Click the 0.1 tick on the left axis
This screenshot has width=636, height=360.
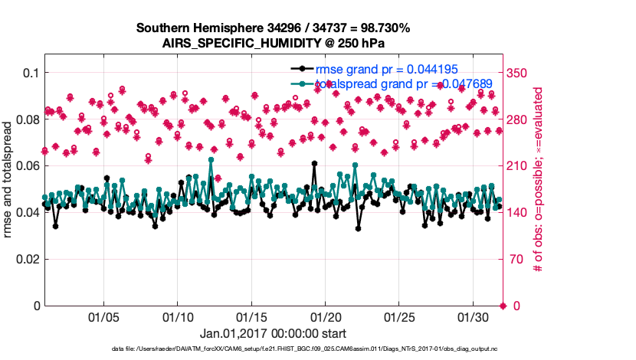[28, 73]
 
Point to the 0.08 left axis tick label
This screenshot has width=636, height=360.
[25, 119]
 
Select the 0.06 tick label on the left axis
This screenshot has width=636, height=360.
[25, 166]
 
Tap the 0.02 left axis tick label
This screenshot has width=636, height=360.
[25, 259]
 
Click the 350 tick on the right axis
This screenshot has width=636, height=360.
[520, 73]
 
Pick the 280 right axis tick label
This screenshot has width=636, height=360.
[520, 119]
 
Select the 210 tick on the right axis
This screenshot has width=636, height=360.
[520, 166]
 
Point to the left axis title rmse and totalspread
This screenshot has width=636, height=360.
[9, 181]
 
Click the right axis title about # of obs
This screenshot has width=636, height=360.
[539, 181]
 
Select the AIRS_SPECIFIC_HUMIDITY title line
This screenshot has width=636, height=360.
[273, 43]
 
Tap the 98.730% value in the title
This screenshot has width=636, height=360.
[380, 28]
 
